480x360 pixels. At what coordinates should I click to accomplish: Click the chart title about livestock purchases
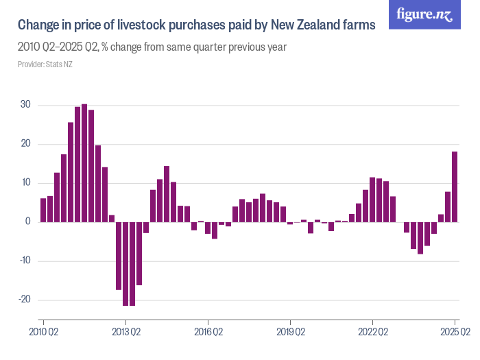(196, 25)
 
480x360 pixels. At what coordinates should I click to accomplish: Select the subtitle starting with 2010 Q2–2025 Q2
(152, 47)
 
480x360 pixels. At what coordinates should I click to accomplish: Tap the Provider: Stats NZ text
(45, 64)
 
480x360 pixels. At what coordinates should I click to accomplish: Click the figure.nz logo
(425, 14)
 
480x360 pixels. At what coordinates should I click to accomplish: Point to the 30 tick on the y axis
(25, 105)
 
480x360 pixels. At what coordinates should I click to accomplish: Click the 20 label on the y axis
(25, 144)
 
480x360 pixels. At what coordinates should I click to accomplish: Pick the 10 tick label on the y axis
(25, 183)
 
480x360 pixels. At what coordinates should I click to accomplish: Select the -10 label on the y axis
(23, 261)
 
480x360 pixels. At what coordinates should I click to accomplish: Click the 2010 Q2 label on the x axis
(43, 332)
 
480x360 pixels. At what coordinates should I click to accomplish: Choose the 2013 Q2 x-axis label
(125, 332)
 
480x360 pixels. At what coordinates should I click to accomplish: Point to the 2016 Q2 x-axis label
(208, 332)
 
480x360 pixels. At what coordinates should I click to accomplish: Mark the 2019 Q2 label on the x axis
(290, 332)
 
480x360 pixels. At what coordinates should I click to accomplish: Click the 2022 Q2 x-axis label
(372, 332)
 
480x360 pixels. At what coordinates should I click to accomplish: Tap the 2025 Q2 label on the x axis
(455, 332)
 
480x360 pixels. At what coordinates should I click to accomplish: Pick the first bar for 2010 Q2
(43, 210)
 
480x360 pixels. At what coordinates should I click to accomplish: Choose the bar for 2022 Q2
(372, 200)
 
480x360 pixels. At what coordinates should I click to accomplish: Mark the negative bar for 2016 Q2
(208, 228)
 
